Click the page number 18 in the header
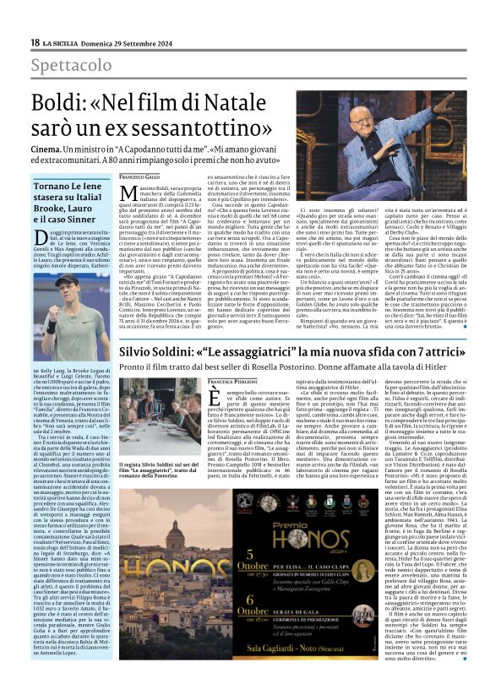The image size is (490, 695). (x=35, y=42)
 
